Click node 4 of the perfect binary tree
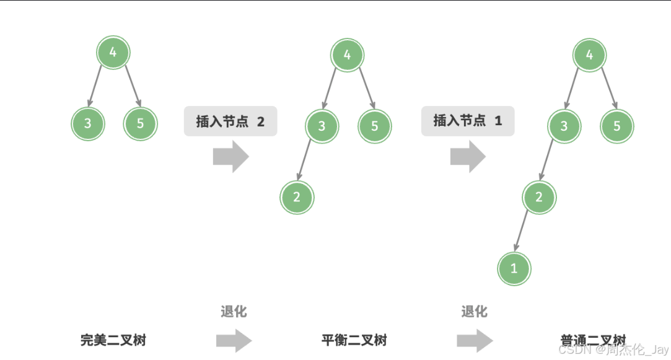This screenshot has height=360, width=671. pyautogui.click(x=113, y=53)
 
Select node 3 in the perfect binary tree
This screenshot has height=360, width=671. pyautogui.click(x=87, y=123)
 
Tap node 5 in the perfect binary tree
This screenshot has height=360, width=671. pyautogui.click(x=140, y=123)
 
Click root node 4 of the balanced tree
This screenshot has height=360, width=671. pyautogui.click(x=347, y=55)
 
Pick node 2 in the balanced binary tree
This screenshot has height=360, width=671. pyautogui.click(x=297, y=198)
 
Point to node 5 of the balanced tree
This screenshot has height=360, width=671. pyautogui.click(x=374, y=126)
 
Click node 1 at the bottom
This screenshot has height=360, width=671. pyautogui.click(x=514, y=269)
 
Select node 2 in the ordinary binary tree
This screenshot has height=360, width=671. pyautogui.click(x=539, y=198)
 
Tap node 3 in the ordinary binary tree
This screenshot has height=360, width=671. pyautogui.click(x=564, y=126)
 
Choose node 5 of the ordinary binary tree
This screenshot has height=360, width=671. pyautogui.click(x=616, y=126)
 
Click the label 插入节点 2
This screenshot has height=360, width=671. pyautogui.click(x=230, y=121)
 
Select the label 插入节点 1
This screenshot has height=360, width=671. pyautogui.click(x=468, y=121)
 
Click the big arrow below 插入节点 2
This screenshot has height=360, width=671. pyautogui.click(x=230, y=157)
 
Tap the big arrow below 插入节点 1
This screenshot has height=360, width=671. pyautogui.click(x=468, y=157)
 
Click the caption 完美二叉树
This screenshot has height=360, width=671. pyautogui.click(x=113, y=340)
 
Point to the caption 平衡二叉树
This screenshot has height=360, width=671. pyautogui.click(x=354, y=340)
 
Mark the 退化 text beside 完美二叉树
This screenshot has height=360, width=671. pyautogui.click(x=234, y=312)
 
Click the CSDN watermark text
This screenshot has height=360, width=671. pyautogui.click(x=613, y=351)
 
